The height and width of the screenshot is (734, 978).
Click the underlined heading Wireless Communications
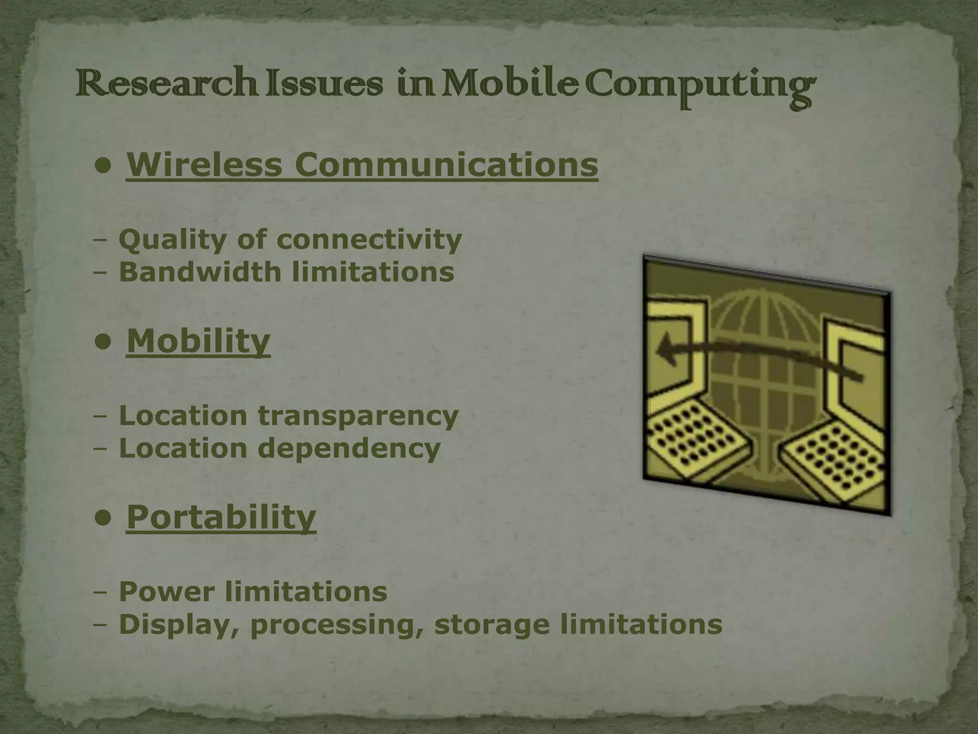pos(362,164)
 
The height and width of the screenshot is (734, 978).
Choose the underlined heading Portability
pos(221,517)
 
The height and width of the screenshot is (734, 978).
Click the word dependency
pos(349,448)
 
